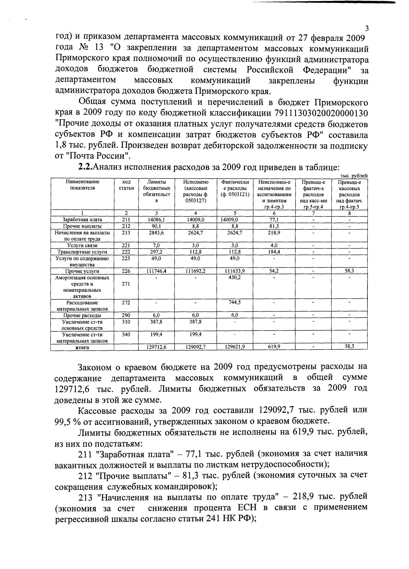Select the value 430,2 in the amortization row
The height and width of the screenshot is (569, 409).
[x=235, y=277]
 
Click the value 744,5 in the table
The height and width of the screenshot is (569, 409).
[x=235, y=302]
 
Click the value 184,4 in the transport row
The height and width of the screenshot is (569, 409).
[x=274, y=252]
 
